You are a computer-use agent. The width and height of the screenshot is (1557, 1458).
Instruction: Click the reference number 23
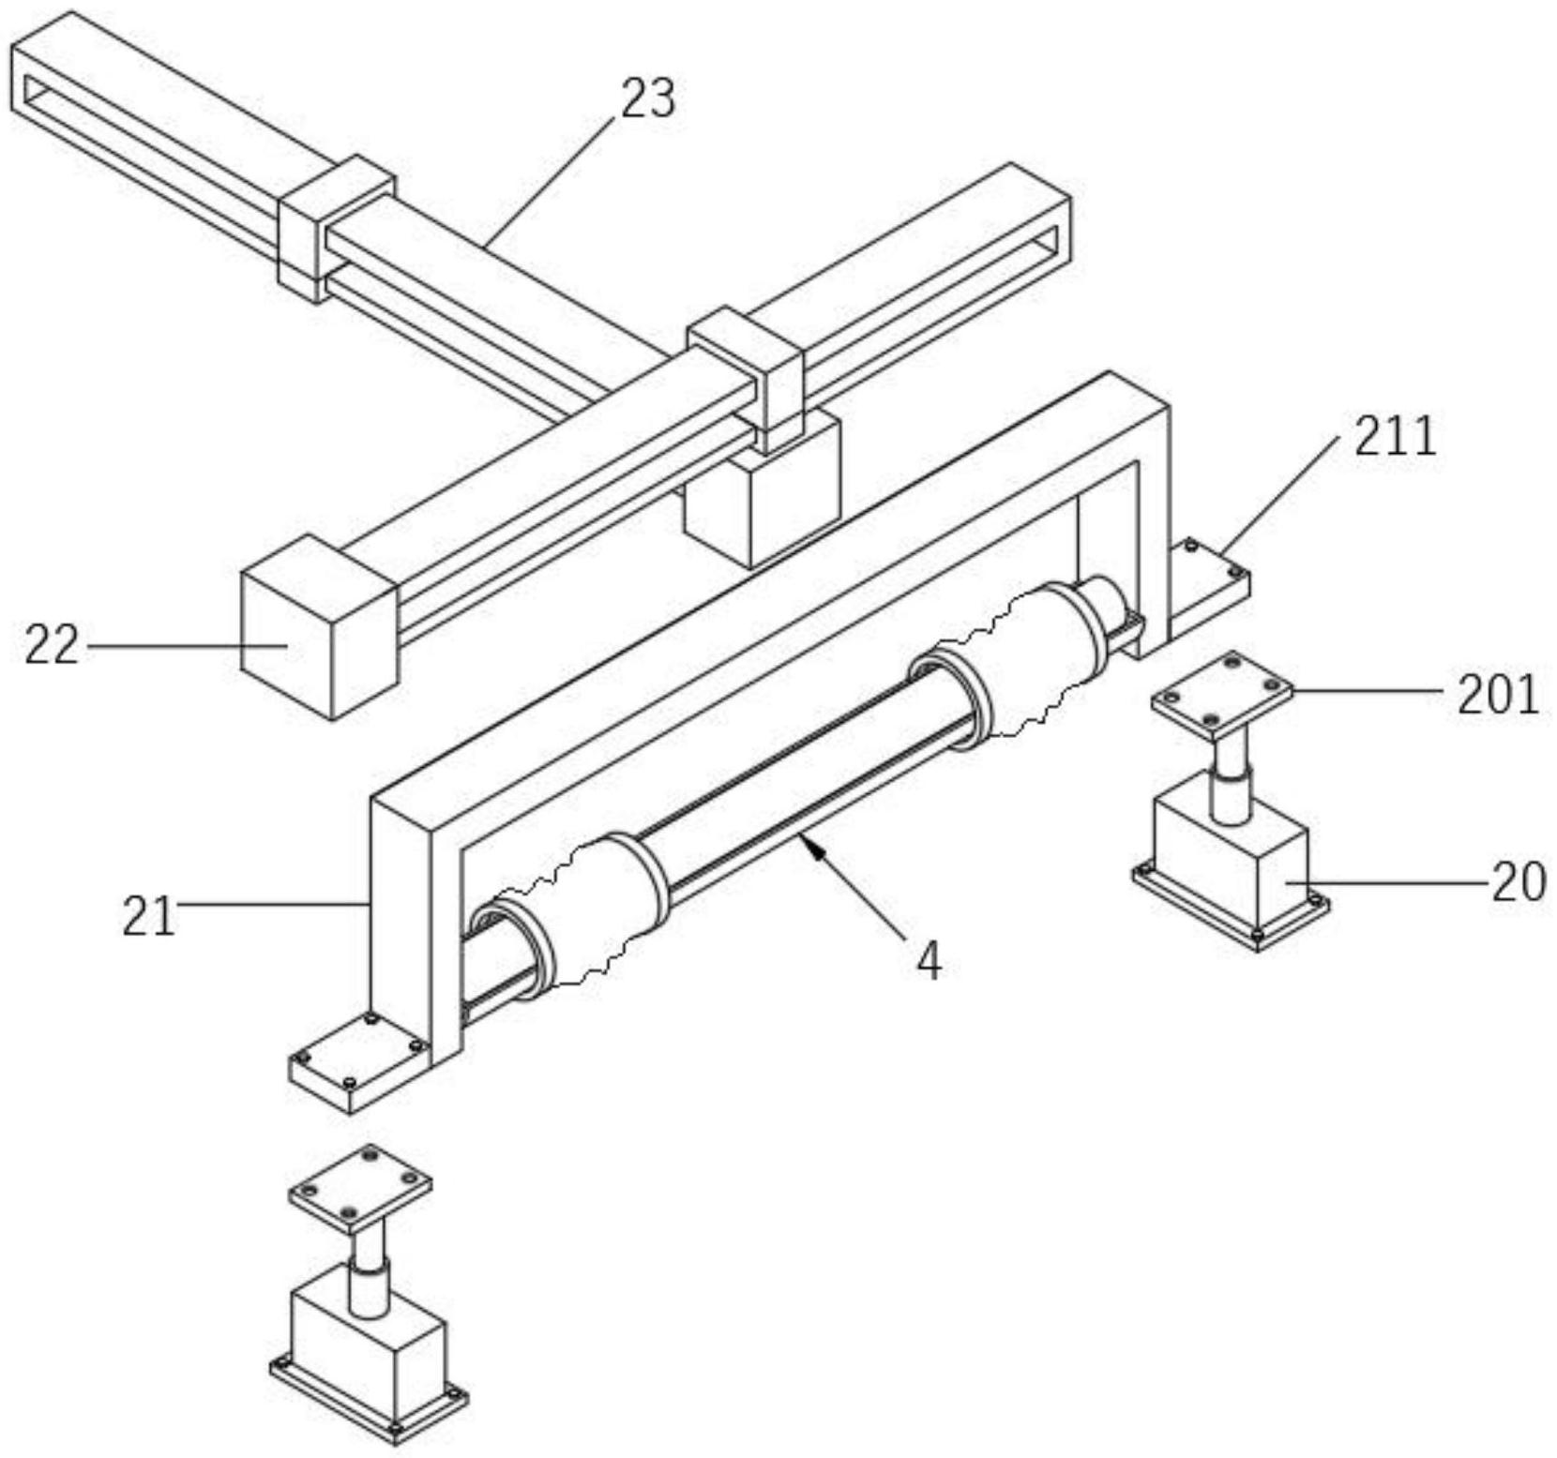pyautogui.click(x=647, y=98)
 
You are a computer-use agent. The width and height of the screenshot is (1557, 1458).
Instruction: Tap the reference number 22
pyautogui.click(x=52, y=645)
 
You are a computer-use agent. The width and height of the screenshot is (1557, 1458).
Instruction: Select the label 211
pyautogui.click(x=1395, y=437)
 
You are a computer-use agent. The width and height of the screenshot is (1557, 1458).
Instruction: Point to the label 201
pyautogui.click(x=1497, y=695)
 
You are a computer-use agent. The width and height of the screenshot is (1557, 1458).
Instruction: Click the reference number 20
pyautogui.click(x=1519, y=881)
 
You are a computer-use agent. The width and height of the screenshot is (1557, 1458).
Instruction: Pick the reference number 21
pyautogui.click(x=149, y=916)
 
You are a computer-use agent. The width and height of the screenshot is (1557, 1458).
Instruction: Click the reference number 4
pyautogui.click(x=928, y=961)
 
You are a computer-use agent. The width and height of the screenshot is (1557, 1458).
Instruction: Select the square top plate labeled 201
pyautogui.click(x=1221, y=696)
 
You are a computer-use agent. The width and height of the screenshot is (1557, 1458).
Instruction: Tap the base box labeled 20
pyautogui.click(x=1229, y=863)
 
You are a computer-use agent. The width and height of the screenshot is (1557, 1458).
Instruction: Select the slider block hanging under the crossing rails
pyautogui.click(x=762, y=502)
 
